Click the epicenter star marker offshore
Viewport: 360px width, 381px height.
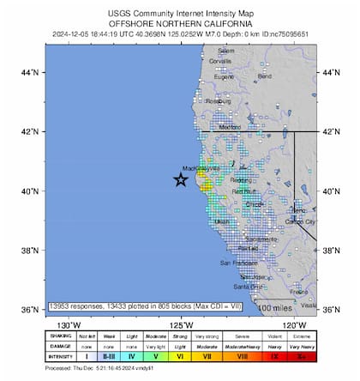[181, 179]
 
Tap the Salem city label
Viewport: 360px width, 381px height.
[226, 51]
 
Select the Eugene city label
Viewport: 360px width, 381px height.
[224, 77]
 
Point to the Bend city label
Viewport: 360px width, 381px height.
[265, 76]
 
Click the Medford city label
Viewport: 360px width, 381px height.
[230, 127]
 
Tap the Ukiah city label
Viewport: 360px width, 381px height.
[222, 221]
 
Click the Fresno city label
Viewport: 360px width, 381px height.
[299, 292]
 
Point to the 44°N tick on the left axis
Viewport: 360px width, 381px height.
[30, 73]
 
